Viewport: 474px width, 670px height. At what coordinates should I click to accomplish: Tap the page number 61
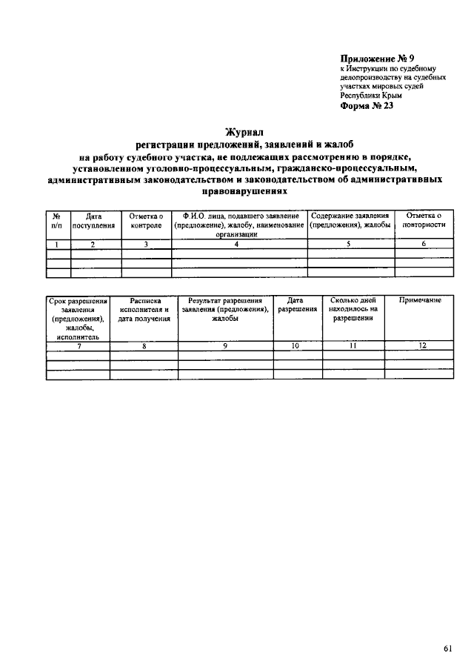point(448,627)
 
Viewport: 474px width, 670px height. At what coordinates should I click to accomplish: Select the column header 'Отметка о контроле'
point(146,220)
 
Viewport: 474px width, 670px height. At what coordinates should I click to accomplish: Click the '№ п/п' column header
point(58,220)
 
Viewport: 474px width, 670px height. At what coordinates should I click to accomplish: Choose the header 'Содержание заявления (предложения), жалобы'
point(350,220)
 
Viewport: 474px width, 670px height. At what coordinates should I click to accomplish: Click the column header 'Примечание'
point(420,300)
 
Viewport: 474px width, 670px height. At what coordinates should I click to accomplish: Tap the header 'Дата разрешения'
point(296,305)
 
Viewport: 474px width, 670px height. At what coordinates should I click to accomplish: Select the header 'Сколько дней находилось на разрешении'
point(353,309)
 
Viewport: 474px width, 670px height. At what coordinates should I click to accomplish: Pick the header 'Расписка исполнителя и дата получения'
point(144,309)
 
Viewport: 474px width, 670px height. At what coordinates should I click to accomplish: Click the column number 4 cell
point(237,244)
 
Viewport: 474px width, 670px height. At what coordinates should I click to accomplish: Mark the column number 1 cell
point(58,244)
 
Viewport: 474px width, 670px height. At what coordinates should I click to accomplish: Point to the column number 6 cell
point(424,244)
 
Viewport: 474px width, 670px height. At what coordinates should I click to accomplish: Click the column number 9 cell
point(225,345)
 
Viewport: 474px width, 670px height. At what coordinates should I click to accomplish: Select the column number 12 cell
point(420,345)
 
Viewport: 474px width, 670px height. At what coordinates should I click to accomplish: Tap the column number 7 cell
point(78,345)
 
